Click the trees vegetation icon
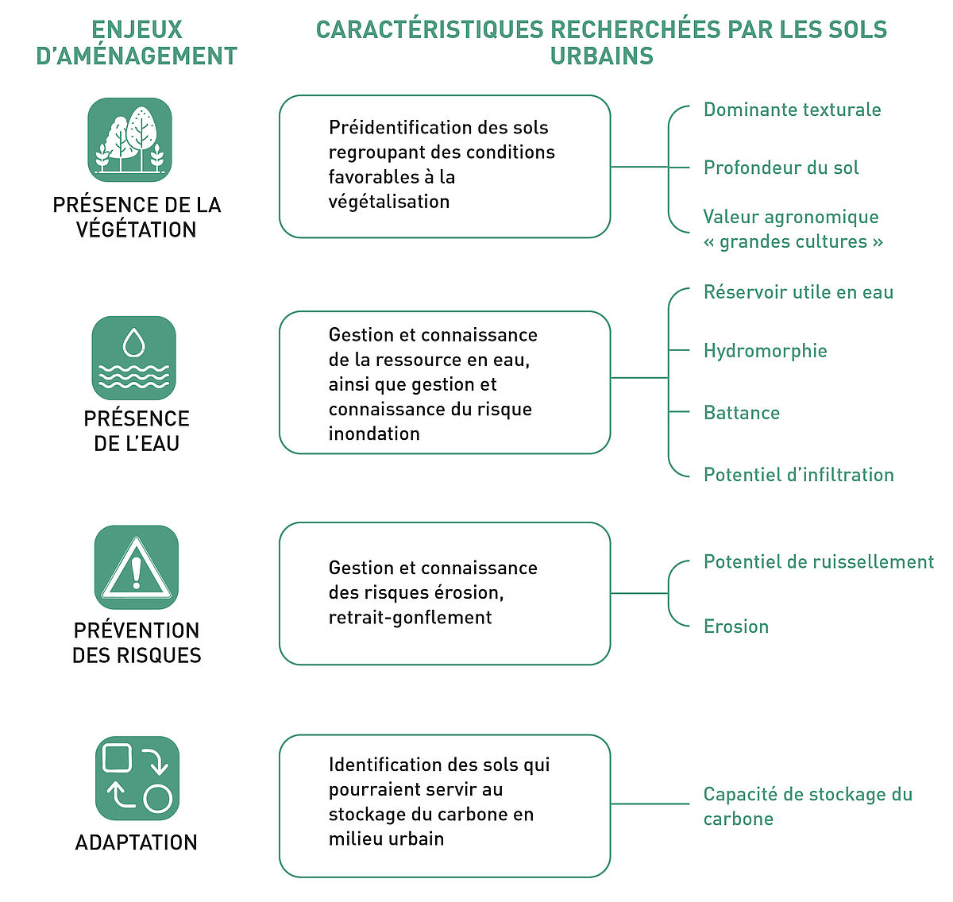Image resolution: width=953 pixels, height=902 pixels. (x=129, y=140)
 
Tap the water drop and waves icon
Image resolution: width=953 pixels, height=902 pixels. (x=133, y=357)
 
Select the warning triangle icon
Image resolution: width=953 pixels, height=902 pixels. (x=137, y=567)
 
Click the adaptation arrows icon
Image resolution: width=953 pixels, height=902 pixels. (x=137, y=778)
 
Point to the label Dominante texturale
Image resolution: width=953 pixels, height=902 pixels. (x=792, y=110)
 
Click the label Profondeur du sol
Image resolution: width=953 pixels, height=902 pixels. (x=781, y=168)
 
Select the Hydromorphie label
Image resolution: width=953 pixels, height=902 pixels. (x=765, y=350)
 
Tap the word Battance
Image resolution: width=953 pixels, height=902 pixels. (x=742, y=412)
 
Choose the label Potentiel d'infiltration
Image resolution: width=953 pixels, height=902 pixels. (x=798, y=475)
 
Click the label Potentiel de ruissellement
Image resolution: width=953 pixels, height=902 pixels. (x=818, y=561)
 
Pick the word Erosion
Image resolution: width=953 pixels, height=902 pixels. (x=736, y=626)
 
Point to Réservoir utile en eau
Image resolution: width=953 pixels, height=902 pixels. (x=798, y=291)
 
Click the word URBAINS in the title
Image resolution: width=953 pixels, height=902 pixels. (x=601, y=56)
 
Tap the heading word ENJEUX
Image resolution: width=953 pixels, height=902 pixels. (x=137, y=29)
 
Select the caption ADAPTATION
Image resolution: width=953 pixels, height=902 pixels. (x=137, y=842)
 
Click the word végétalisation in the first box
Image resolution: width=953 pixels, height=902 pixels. (x=389, y=202)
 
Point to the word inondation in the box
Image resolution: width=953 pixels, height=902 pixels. (x=374, y=434)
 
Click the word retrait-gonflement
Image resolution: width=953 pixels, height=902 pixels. (x=410, y=617)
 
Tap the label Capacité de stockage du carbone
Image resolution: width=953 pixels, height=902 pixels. (x=808, y=806)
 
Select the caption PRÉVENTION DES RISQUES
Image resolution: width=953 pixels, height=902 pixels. (x=137, y=642)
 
